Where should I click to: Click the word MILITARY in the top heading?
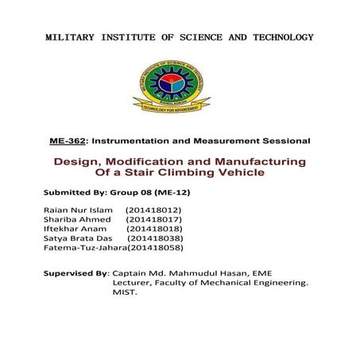pos(72,37)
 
